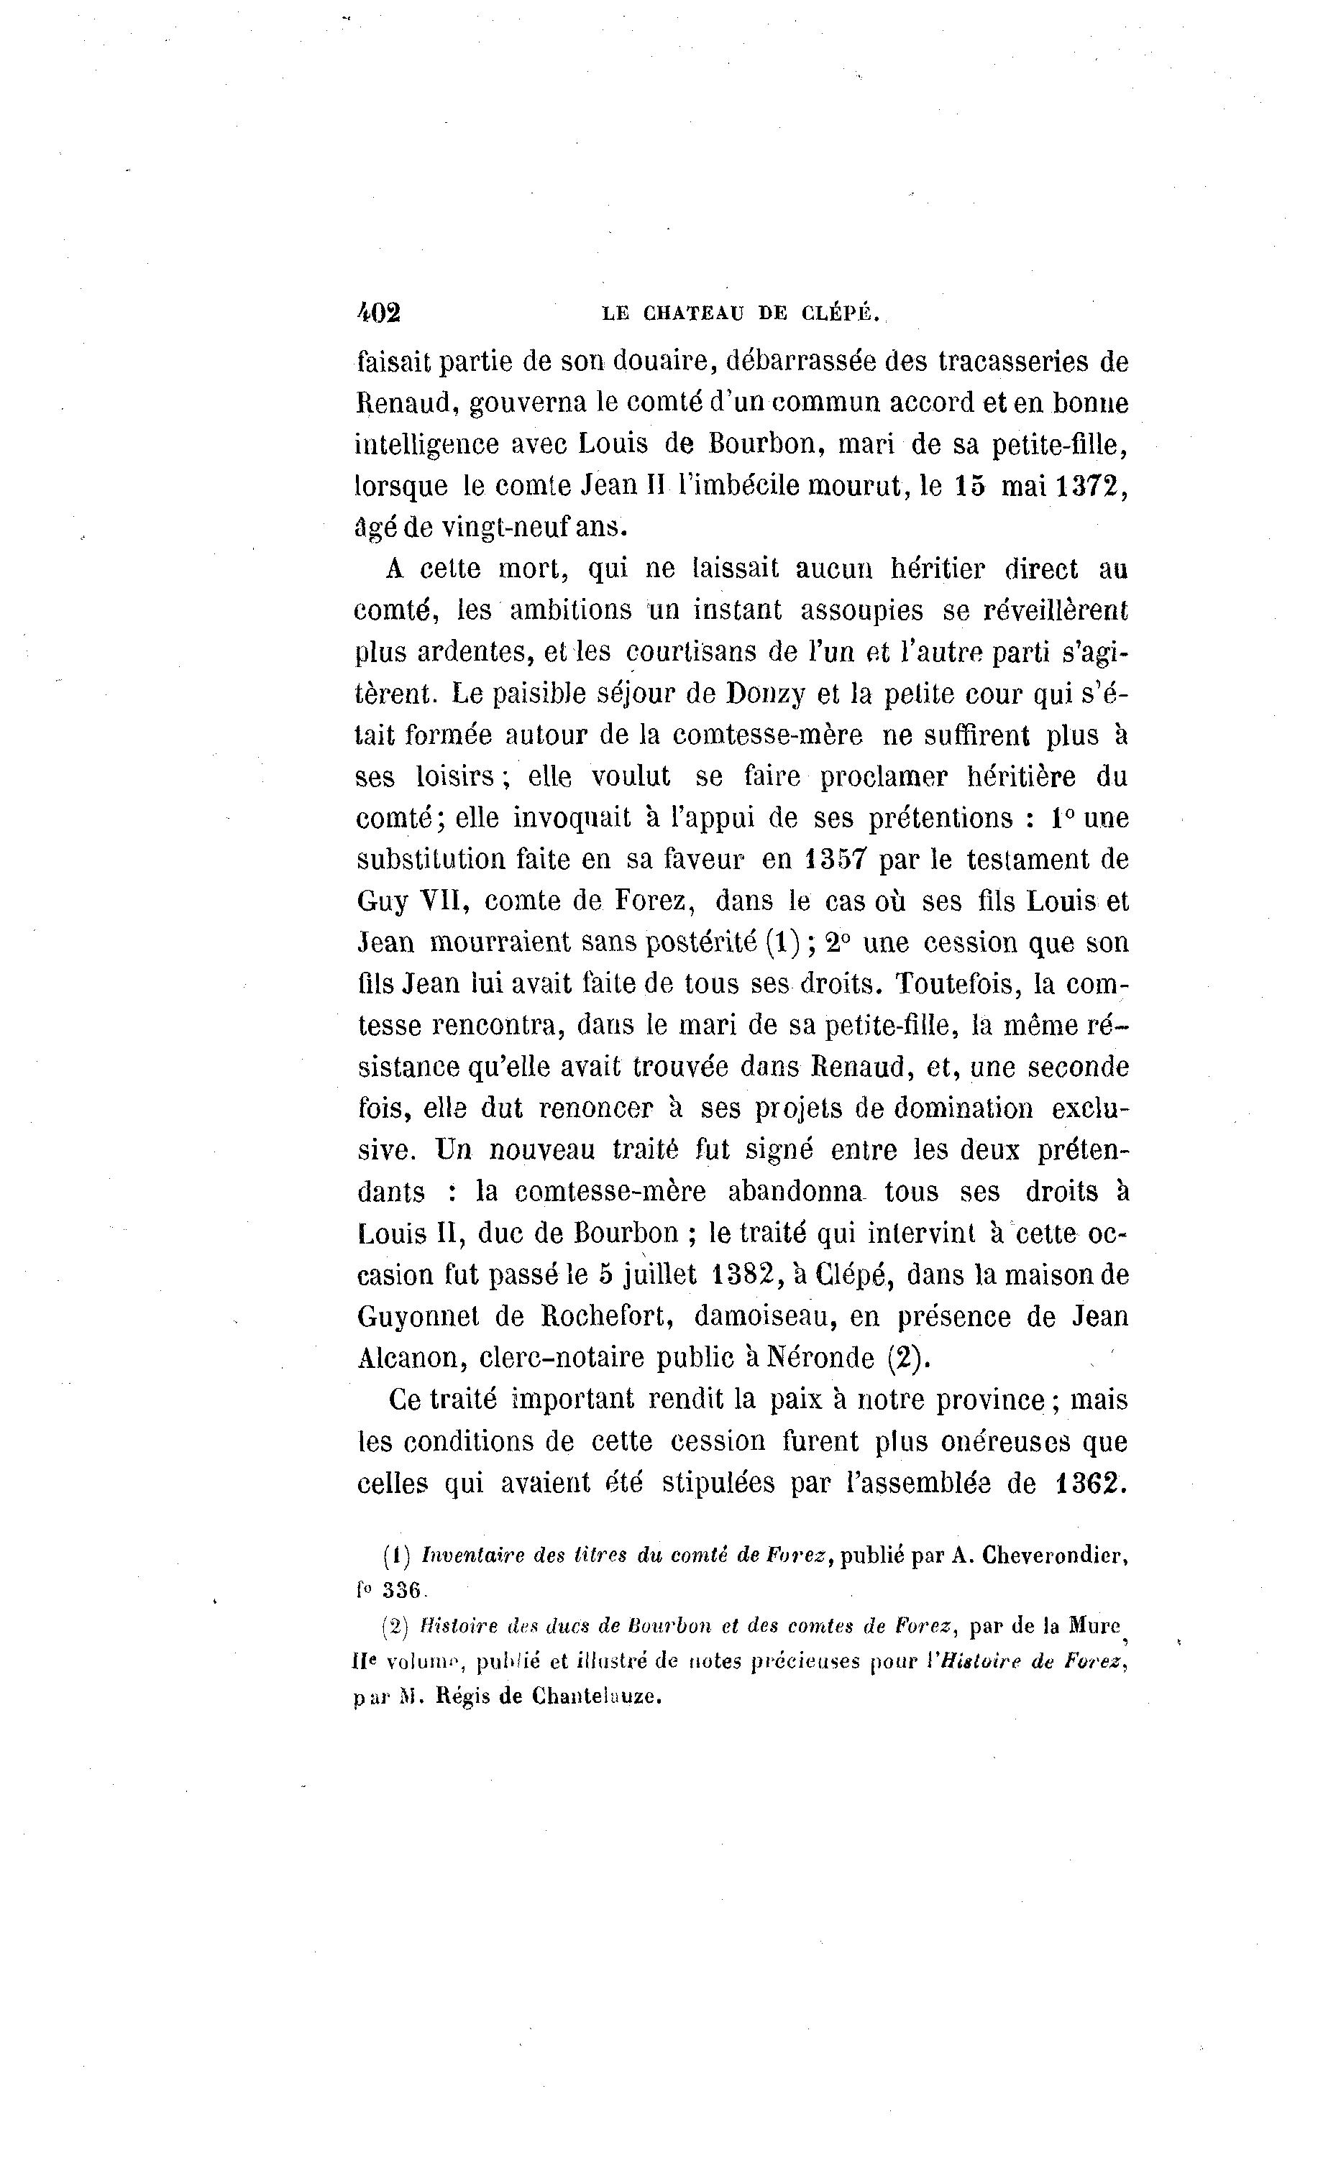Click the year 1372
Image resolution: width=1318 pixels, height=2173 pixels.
click(x=1092, y=486)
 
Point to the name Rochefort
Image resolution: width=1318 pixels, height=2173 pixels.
click(x=609, y=1315)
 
